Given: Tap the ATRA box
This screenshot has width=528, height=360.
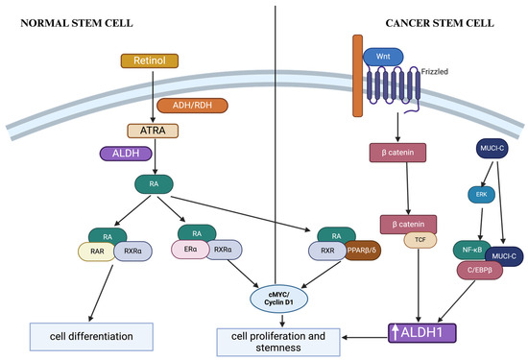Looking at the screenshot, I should point(154,131).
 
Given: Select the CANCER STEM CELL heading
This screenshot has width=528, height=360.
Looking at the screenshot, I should point(447,23).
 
